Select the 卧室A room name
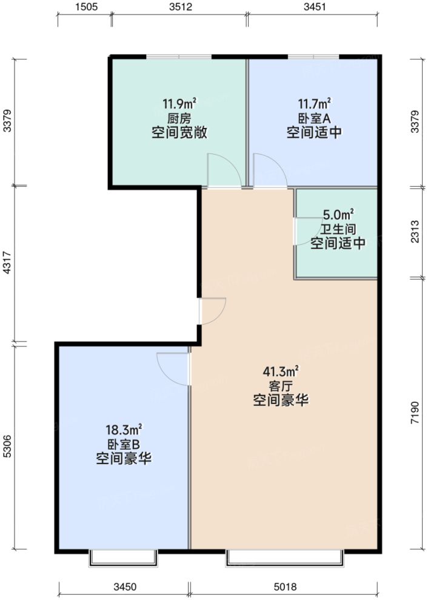314,118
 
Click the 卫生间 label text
338,229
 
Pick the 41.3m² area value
281,371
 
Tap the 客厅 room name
281,386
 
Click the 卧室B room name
124,444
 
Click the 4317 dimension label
7,265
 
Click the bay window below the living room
285,558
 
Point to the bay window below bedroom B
123,558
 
